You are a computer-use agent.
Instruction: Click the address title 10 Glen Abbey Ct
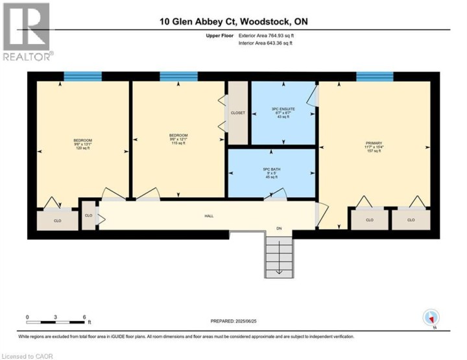pyautogui.click(x=233, y=21)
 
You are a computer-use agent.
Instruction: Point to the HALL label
pyautogui.click(x=209, y=216)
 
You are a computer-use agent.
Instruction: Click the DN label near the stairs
pyautogui.click(x=279, y=228)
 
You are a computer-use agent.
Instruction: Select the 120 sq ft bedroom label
pyautogui.click(x=82, y=144)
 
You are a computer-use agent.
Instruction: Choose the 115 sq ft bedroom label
pyautogui.click(x=178, y=139)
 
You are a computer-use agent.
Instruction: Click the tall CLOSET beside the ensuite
pyautogui.click(x=238, y=113)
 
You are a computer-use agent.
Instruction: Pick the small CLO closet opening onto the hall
pyautogui.click(x=88, y=215)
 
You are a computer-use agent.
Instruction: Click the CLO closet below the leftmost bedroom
pyautogui.click(x=57, y=221)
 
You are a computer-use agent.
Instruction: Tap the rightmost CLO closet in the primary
pyautogui.click(x=411, y=220)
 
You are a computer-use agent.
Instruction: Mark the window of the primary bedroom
pyautogui.click(x=374, y=77)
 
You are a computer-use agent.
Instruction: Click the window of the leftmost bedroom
pyautogui.click(x=82, y=77)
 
